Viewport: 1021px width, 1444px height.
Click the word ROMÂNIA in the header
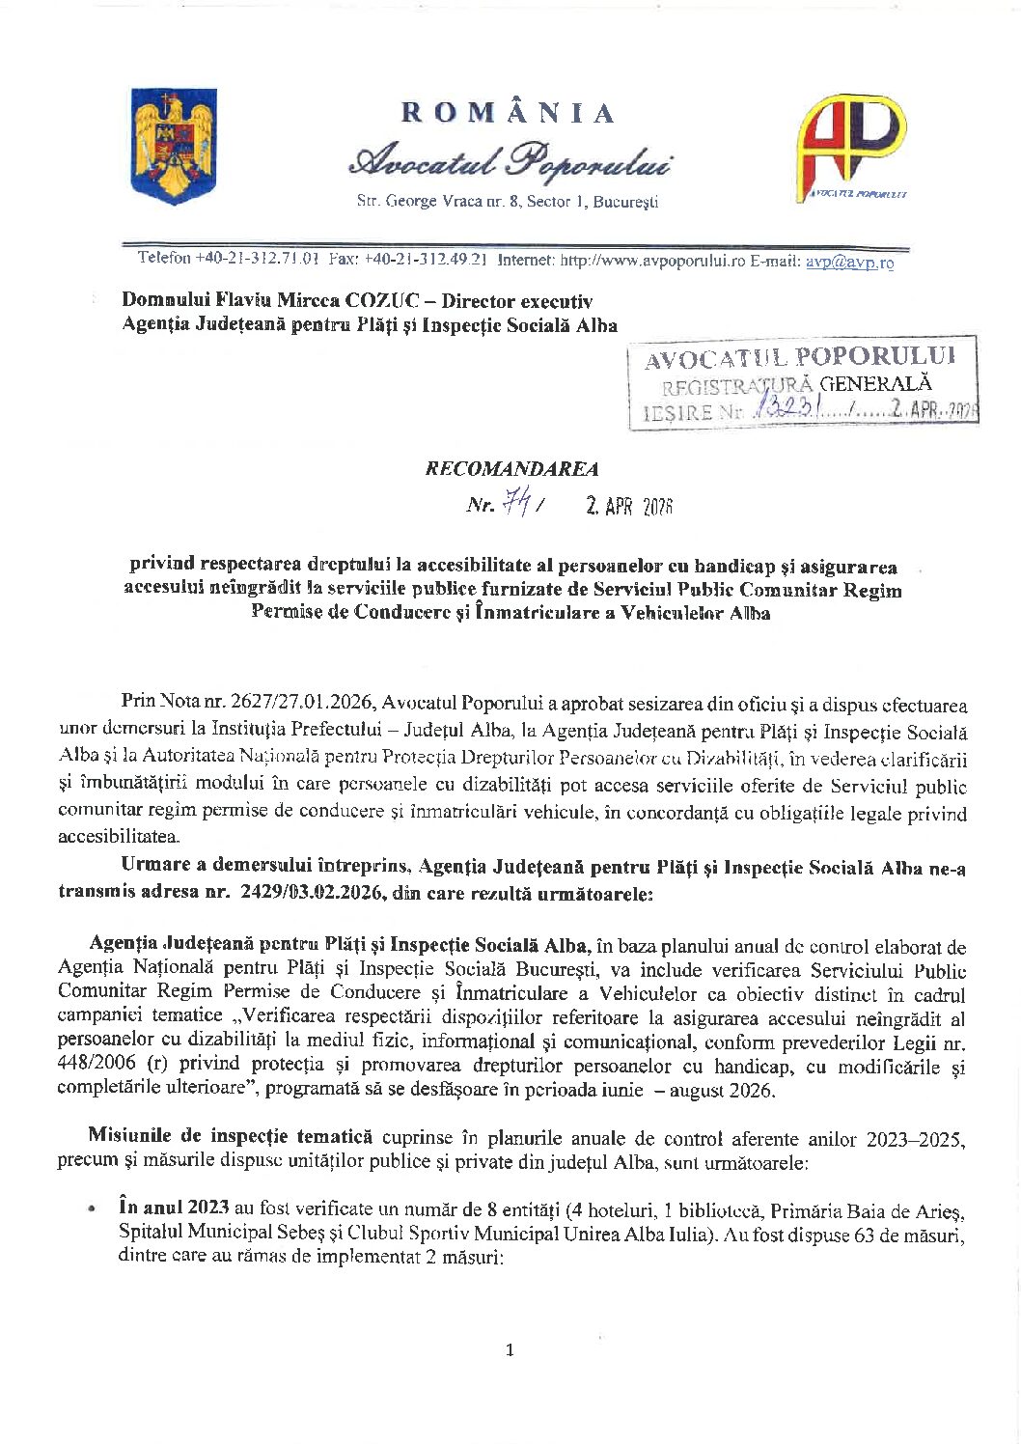pyautogui.click(x=509, y=114)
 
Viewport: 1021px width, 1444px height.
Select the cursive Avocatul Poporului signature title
pyautogui.click(x=510, y=162)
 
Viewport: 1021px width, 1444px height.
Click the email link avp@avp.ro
pyautogui.click(x=849, y=262)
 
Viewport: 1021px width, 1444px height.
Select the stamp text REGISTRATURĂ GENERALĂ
pyautogui.click(x=797, y=385)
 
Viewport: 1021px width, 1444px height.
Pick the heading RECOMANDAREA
pyautogui.click(x=511, y=469)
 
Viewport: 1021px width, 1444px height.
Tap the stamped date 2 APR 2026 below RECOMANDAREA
pyautogui.click(x=628, y=506)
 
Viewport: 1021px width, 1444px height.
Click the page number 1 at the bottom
pyautogui.click(x=510, y=1349)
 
